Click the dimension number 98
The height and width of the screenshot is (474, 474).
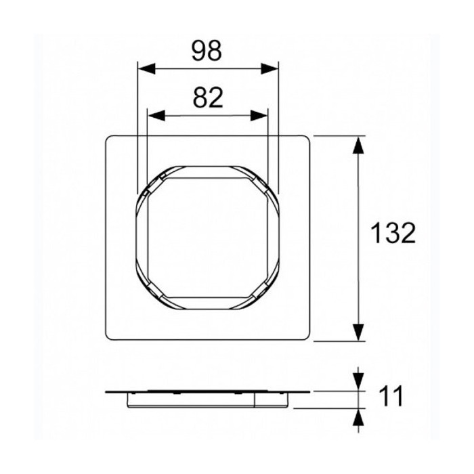(x=207, y=51)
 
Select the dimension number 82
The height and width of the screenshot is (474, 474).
(x=208, y=98)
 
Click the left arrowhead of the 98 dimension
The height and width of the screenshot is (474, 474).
(x=147, y=69)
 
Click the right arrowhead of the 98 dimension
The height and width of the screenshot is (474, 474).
(x=270, y=69)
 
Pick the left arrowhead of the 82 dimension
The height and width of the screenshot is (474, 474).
(x=156, y=116)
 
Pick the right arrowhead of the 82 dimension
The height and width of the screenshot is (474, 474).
(x=259, y=116)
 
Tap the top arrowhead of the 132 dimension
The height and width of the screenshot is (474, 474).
(x=358, y=145)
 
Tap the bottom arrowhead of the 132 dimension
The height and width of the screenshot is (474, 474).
(x=358, y=332)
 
